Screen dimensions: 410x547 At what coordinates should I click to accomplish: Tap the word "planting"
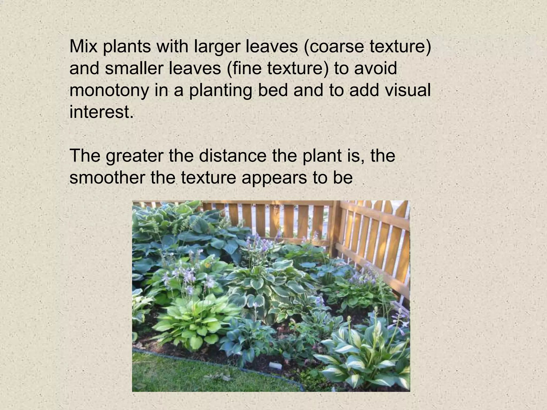(x=221, y=90)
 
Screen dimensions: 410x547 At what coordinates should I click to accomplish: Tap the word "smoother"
(x=107, y=178)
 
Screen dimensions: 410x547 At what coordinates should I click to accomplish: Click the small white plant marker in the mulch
(x=274, y=365)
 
